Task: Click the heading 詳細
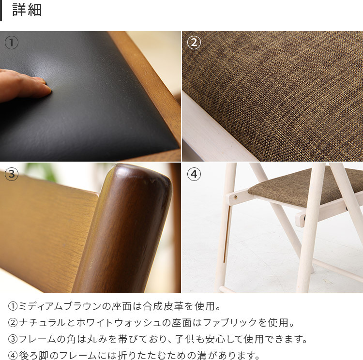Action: point(27,11)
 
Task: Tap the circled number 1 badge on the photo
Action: point(12,43)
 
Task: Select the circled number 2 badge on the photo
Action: point(194,43)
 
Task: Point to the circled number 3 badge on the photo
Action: point(12,174)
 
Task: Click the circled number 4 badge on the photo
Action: point(194,174)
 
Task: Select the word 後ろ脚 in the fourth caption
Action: point(33,356)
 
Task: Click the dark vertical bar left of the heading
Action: point(1,11)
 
